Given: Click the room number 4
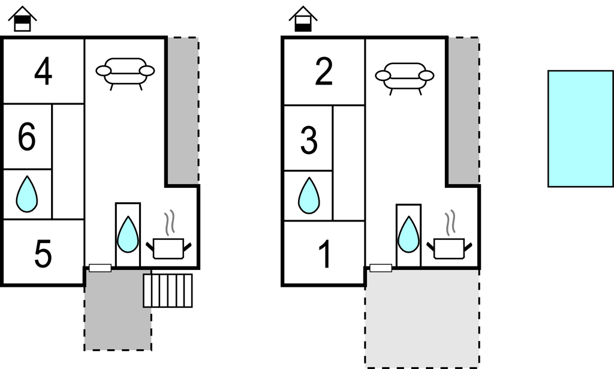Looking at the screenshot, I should [43, 73].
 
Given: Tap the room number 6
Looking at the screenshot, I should [27, 137].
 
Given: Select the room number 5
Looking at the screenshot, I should [43, 254].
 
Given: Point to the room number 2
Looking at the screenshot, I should [324, 73].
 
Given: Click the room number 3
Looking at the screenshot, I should [308, 141].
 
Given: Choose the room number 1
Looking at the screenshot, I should [324, 255].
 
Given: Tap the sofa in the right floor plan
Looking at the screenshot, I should [405, 77].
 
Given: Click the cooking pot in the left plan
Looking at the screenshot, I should [168, 247].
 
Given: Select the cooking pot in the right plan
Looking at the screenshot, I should [449, 247].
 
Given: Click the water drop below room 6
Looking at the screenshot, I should [26, 194].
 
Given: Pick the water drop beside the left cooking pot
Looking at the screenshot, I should [128, 235].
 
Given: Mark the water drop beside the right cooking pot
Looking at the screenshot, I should [408, 235].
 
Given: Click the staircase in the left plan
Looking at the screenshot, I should [168, 290].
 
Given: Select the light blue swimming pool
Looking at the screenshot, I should [580, 128].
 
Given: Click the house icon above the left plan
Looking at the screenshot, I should [22, 19].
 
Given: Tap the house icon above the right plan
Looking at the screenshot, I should [303, 19].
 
